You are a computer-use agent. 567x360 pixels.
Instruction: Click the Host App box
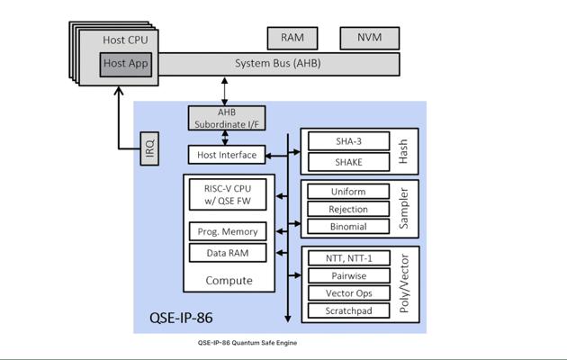pos(126,64)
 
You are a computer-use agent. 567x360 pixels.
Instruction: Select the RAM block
pos(292,38)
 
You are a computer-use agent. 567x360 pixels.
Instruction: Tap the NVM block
pos(369,38)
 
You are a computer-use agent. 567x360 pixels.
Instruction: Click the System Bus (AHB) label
pos(277,64)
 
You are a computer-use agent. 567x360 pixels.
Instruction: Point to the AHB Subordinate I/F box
pos(227,118)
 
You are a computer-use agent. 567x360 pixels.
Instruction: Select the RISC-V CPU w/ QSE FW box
pos(228,195)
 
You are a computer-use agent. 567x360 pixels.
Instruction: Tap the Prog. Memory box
pos(229,231)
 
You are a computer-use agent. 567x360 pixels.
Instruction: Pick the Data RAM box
pos(229,253)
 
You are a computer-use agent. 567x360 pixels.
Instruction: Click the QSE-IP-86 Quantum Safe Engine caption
pos(247,343)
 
